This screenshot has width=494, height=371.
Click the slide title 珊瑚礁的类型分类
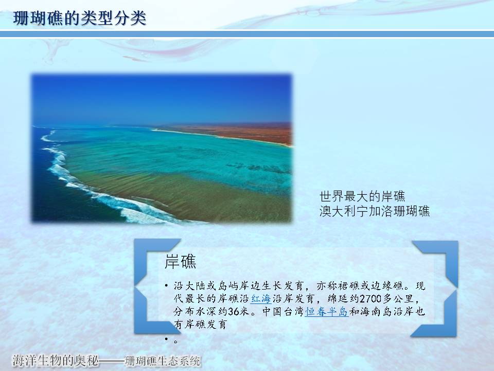point(80,18)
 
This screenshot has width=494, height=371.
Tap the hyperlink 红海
point(261,298)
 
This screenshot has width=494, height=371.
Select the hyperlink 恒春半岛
point(326,312)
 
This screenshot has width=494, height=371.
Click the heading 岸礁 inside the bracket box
point(180,262)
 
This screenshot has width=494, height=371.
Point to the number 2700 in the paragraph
point(371,298)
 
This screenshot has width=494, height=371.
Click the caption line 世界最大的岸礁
point(362,196)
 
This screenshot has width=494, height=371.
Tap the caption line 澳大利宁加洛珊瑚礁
point(375,211)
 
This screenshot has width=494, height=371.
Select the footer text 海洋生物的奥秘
point(55,360)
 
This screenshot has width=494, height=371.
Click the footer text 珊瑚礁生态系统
point(162,361)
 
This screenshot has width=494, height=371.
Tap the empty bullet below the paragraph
point(166,339)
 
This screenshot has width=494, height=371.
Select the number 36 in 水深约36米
point(234,312)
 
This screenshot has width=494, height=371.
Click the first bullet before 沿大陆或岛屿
point(166,286)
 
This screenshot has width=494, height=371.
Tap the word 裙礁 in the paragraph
point(349,286)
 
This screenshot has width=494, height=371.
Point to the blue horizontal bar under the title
point(247,34)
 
